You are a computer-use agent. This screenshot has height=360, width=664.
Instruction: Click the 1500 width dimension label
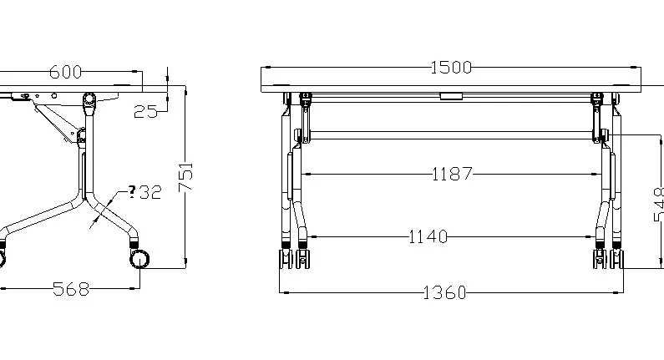coord(451,67)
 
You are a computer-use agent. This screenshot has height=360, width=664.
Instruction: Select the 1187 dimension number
coord(453,174)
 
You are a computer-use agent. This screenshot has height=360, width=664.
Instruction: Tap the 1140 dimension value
coord(428,237)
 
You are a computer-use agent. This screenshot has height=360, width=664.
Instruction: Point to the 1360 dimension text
coord(445,292)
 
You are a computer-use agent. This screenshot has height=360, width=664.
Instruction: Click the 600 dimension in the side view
coord(65,72)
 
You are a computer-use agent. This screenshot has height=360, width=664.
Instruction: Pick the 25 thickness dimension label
coord(145,111)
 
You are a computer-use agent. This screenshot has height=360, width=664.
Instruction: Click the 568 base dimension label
coord(71,289)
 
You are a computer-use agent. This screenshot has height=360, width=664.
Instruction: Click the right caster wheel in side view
coord(140,257)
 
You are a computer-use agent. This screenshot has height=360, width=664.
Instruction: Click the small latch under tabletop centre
coord(451,96)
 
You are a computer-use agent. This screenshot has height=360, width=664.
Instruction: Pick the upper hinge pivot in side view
coord(89,100)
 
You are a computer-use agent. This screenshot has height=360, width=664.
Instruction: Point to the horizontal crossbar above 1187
coord(451,134)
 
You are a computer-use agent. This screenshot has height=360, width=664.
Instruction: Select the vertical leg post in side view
coord(82,171)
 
